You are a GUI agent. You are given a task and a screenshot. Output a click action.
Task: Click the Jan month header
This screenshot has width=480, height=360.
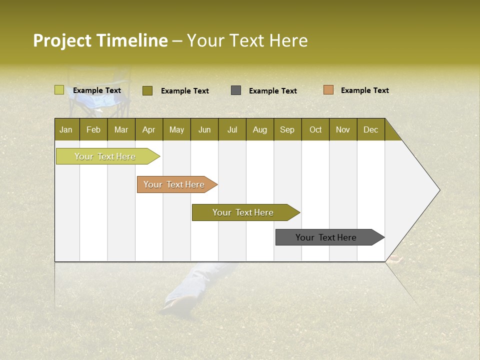[x=66, y=129]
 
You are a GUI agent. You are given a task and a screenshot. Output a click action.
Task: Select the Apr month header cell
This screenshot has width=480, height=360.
[x=148, y=129]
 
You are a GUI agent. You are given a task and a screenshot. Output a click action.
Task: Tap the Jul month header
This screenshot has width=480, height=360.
[x=232, y=129]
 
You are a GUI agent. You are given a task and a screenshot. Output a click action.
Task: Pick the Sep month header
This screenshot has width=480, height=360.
[x=287, y=129]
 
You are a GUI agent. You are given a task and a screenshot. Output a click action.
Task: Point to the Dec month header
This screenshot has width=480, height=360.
[x=370, y=129]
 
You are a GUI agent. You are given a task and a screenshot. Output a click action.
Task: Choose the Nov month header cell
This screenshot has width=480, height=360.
[x=342, y=129]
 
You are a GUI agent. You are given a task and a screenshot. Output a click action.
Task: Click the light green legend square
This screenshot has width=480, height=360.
[x=59, y=90]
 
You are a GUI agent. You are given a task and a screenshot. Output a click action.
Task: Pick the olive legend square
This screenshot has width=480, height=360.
[x=147, y=90]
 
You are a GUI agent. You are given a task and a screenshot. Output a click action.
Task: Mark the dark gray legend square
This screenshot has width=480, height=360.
[x=236, y=90]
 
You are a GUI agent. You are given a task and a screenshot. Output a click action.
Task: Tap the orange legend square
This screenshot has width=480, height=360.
[x=328, y=90]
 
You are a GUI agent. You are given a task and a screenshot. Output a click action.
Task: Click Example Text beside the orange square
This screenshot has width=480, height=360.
[x=364, y=90]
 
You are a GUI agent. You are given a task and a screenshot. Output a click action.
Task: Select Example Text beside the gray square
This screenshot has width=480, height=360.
[x=272, y=91]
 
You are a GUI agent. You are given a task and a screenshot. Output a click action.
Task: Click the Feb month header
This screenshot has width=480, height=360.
[x=93, y=129]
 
